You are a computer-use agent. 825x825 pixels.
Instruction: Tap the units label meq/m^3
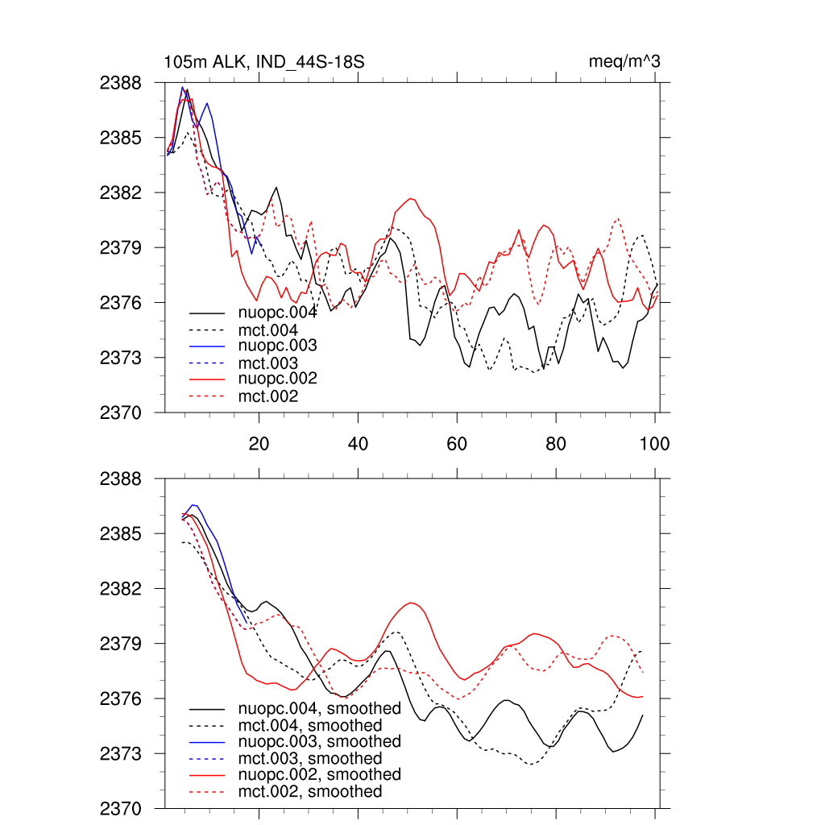pos(625,62)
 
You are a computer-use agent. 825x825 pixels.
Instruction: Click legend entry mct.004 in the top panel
pos(268,330)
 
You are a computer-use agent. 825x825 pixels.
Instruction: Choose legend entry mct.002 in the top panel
pos(268,396)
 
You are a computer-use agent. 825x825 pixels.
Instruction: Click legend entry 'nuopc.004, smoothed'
pos(319,709)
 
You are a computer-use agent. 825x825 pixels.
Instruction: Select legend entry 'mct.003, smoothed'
pos(310,758)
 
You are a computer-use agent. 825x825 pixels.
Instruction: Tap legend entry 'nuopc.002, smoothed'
pos(319,774)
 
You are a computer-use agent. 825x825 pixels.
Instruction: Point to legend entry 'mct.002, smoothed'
pos(310,792)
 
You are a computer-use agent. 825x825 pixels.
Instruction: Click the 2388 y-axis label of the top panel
pos(120,83)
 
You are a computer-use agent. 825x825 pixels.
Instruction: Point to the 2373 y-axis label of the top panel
pos(120,357)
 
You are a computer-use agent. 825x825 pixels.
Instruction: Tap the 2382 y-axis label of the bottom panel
pos(120,589)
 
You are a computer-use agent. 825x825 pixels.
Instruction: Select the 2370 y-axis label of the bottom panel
pos(120,808)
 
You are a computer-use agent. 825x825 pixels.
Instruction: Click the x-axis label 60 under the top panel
pos(457,443)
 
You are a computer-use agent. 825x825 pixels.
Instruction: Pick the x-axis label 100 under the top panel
pos(654,443)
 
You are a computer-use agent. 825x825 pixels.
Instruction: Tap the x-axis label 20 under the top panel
pos(259,443)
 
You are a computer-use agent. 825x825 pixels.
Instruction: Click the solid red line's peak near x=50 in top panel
pos(412,198)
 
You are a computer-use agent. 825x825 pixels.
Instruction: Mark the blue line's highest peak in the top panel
pos(183,87)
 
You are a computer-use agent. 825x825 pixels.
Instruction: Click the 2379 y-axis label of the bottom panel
pos(120,644)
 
